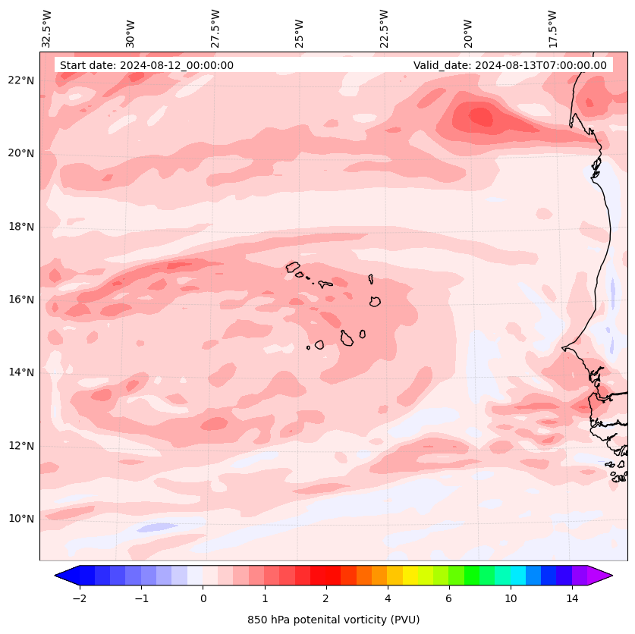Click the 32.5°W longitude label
[47, 28]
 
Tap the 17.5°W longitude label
[553, 28]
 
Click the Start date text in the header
[146, 65]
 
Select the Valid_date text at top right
[510, 65]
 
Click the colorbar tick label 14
[572, 599]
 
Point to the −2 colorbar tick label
[79, 599]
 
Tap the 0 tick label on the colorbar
[203, 599]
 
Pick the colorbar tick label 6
[448, 599]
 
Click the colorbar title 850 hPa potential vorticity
[333, 620]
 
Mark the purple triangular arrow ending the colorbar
[600, 576]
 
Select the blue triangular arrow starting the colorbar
[67, 576]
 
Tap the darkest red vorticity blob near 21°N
[481, 117]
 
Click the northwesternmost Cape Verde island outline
[293, 267]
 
